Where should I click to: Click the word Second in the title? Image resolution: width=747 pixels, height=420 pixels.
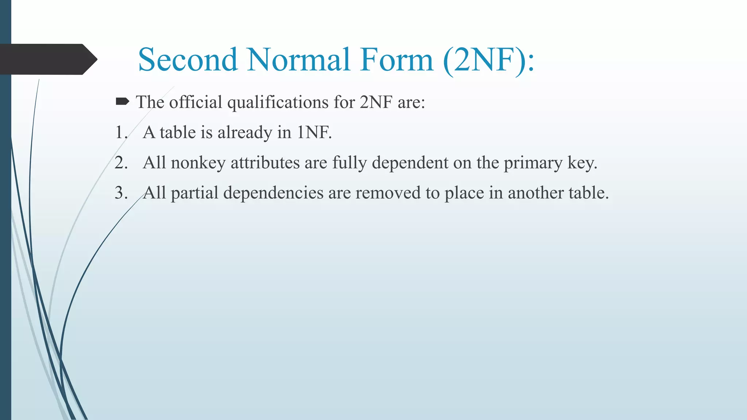(188, 59)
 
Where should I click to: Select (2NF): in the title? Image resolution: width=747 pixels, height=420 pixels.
(489, 60)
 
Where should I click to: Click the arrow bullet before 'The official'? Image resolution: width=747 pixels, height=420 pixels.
(122, 101)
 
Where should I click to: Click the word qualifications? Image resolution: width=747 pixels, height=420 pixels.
(278, 102)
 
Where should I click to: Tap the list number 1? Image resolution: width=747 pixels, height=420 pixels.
(121, 132)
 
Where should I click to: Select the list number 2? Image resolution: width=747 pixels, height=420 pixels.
(121, 163)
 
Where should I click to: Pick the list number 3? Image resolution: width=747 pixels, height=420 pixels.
(121, 193)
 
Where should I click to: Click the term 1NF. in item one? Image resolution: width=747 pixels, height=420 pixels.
(314, 132)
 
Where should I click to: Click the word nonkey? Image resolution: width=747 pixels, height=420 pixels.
(198, 163)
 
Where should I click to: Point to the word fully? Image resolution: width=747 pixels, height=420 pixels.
(349, 163)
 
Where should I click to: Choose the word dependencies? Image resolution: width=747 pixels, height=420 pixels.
(273, 193)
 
